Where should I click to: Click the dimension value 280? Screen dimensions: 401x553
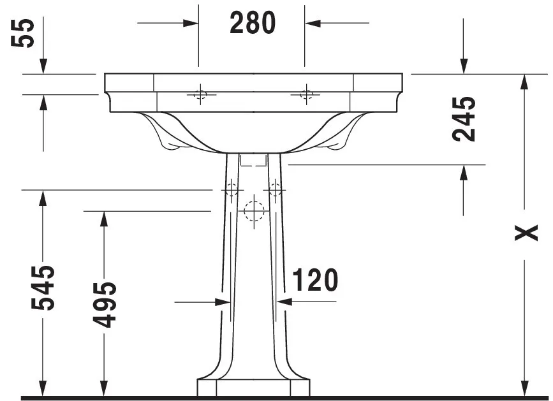click(253, 23)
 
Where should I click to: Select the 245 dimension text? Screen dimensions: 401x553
click(464, 119)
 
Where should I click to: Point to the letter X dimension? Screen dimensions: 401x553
click(527, 234)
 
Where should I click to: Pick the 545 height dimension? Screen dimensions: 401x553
click(44, 287)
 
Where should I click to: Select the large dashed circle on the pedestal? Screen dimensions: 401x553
click(253, 208)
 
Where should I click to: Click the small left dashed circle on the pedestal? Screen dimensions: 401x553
click(231, 189)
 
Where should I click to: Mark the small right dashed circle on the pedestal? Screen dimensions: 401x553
click(276, 189)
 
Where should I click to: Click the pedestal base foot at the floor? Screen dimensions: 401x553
click(253, 388)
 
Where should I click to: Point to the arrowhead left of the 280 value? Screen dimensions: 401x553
click(191, 23)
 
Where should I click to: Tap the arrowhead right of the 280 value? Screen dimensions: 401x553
click(313, 23)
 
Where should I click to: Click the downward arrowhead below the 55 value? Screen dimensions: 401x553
click(43, 66)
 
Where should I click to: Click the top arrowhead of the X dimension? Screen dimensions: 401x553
click(524, 82)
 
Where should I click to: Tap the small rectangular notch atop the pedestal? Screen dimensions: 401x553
click(253, 159)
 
